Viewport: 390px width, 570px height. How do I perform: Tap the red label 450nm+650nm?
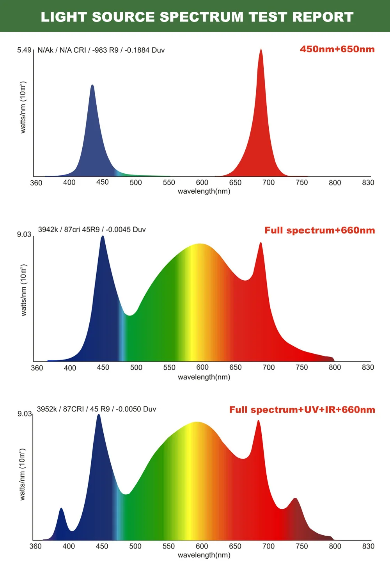coord(337,49)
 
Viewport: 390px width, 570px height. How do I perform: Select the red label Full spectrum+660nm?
coord(319,230)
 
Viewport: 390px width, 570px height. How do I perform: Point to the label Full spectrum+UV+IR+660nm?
coord(302,410)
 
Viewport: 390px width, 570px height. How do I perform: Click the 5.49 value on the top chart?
coord(24,50)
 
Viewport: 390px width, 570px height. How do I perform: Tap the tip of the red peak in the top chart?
coord(261,50)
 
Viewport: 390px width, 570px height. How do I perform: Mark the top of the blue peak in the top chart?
coord(92,85)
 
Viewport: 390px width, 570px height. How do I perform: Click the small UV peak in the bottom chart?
coord(61,509)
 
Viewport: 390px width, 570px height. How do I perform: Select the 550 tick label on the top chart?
coord(169,182)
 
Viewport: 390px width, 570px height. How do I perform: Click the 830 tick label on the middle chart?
coord(368,367)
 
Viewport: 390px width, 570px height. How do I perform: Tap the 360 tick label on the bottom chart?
coord(35,546)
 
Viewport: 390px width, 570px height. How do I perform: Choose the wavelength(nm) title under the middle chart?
coord(204,377)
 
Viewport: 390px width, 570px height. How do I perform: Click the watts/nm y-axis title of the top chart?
coord(23,107)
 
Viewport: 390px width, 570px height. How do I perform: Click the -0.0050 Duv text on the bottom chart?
coord(136,409)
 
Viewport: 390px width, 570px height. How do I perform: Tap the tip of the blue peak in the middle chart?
coord(103,237)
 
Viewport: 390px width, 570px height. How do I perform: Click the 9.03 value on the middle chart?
coord(24,234)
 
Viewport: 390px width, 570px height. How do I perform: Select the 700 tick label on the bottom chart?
coord(268,546)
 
